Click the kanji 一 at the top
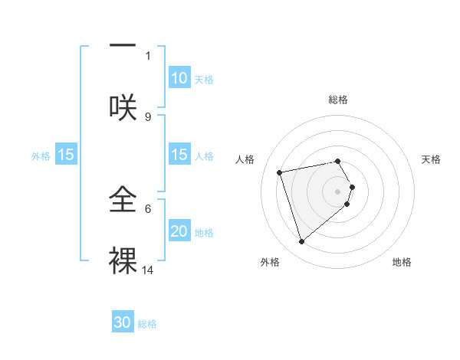coord(123,47)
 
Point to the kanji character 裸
coord(123,259)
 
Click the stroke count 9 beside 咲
coord(148,116)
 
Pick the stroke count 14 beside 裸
coord(148,270)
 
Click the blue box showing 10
coord(179,78)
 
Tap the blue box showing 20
coord(179,231)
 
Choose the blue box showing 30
coord(123,322)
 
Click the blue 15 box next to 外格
coord(66,155)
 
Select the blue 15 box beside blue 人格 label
coord(179,155)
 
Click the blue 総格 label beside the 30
coord(147,324)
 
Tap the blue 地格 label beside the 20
coord(204,232)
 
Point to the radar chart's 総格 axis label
coord(338,100)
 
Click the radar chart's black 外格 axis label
coord(270,262)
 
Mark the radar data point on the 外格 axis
coord(301,242)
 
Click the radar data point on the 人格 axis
coord(280,172)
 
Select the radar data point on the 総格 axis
coord(338,161)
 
